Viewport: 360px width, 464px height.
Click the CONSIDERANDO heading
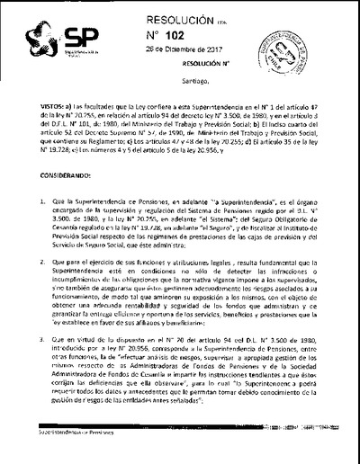58,176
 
